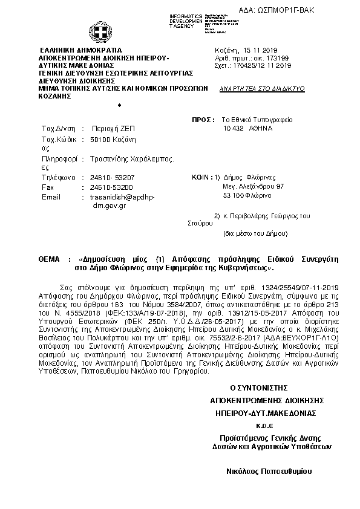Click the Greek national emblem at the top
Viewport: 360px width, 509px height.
tap(97, 31)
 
